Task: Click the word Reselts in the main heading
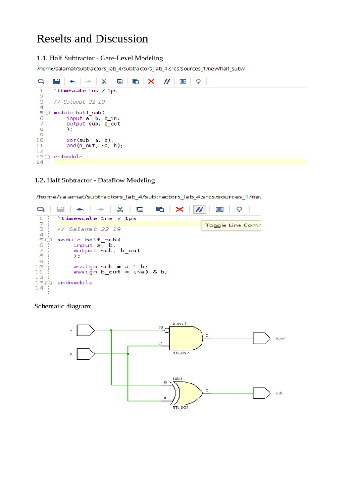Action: coord(56,39)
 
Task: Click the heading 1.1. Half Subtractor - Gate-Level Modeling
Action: coord(100,58)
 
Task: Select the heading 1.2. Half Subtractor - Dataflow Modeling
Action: coord(95,180)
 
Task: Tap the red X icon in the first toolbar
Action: coord(151,81)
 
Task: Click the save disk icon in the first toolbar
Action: coord(56,81)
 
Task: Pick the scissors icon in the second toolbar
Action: coord(120,210)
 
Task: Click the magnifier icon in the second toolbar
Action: coord(41,210)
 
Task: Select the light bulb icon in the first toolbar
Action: coord(198,81)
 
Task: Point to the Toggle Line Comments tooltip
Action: coord(231,225)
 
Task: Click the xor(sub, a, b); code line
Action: coord(90,140)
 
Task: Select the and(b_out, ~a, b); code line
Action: coord(95,145)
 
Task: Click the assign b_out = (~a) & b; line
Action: coord(120,272)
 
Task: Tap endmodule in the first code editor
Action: coord(68,157)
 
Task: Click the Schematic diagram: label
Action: coord(63,307)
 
